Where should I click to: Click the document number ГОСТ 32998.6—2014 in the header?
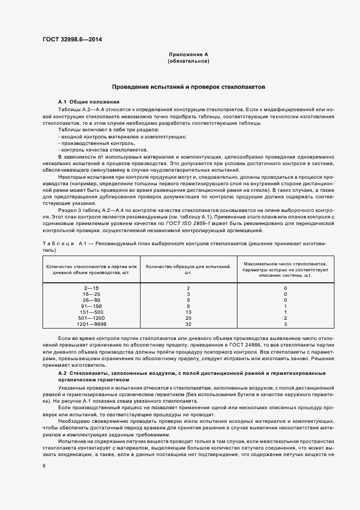(72, 40)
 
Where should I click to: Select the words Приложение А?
(188, 55)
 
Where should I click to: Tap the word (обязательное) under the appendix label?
(188, 62)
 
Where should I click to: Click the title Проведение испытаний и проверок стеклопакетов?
(188, 87)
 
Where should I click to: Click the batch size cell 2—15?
(91, 288)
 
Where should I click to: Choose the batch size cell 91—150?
(91, 306)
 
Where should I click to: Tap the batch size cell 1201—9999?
(91, 325)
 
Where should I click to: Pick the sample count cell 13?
(188, 312)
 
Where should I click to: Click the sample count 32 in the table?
(188, 325)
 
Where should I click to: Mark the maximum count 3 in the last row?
(285, 325)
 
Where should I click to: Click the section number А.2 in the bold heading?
(62, 373)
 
